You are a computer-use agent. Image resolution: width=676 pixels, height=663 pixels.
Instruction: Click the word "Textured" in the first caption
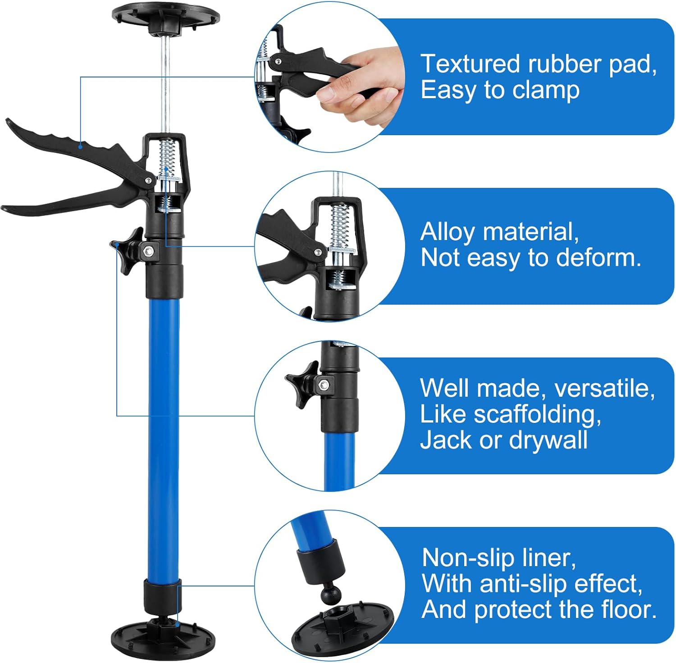pyautogui.click(x=470, y=64)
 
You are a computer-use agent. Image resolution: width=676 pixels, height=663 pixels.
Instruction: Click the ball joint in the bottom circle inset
pyautogui.click(x=331, y=595)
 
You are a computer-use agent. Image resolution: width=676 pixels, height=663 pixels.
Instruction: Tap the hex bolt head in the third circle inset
pyautogui.click(x=323, y=384)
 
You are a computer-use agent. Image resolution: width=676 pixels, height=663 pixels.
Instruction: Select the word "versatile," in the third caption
pyautogui.click(x=605, y=388)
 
